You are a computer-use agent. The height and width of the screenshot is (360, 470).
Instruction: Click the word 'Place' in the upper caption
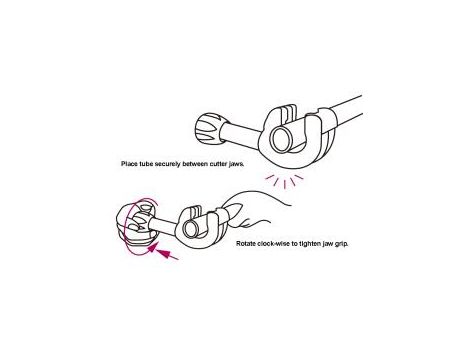pyautogui.click(x=129, y=164)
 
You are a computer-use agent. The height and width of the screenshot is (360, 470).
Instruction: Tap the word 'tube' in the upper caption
pyautogui.click(x=146, y=164)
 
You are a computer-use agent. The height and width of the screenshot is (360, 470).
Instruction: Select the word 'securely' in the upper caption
pyautogui.click(x=168, y=164)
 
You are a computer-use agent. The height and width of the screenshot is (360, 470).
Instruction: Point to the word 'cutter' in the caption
pyautogui.click(x=219, y=164)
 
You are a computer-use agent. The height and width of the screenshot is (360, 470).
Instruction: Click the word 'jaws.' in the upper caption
pyautogui.click(x=237, y=164)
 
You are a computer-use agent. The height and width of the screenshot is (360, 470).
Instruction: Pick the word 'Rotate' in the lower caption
pyautogui.click(x=246, y=244)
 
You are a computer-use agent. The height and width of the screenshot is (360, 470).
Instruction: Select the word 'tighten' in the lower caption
pyautogui.click(x=310, y=244)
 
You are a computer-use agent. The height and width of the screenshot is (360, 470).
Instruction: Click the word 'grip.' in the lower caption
pyautogui.click(x=341, y=244)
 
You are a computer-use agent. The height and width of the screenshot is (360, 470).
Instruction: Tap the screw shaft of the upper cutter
pyautogui.click(x=241, y=131)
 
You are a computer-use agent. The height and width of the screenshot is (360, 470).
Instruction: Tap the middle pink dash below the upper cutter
pyautogui.click(x=285, y=185)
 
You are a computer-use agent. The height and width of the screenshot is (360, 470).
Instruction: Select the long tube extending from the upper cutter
pyautogui.click(x=343, y=110)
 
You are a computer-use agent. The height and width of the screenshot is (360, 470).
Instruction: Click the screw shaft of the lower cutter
pyautogui.click(x=166, y=225)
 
